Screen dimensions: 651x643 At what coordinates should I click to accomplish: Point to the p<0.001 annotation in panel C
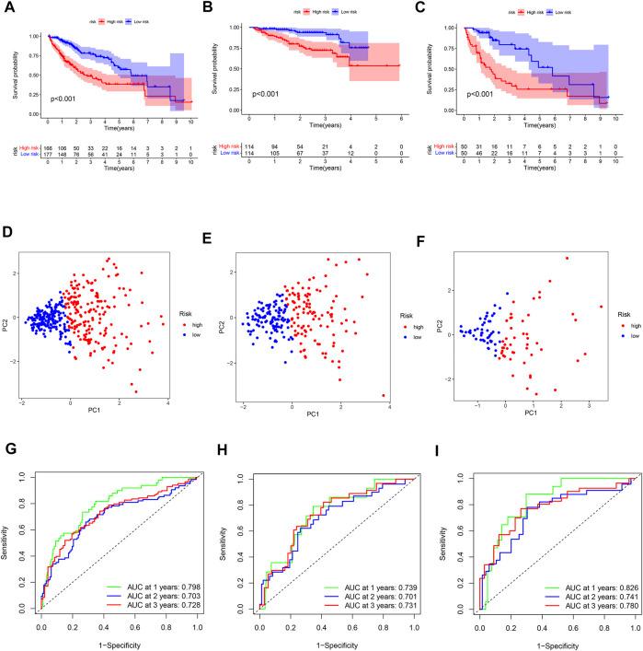(x=484, y=94)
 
